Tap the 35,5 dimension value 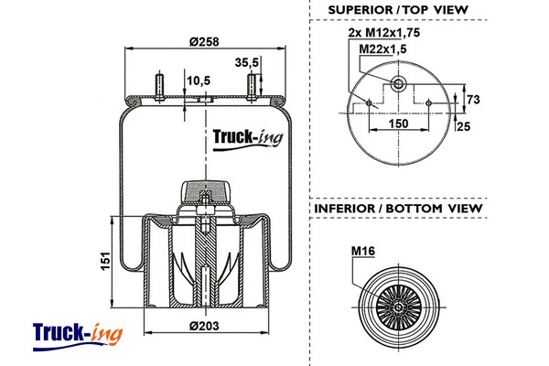[x=247, y=62]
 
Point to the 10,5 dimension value [x=199, y=81]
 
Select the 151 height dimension [x=105, y=263]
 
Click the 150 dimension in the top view [x=399, y=123]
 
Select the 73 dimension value [x=474, y=99]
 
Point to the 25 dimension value [x=463, y=126]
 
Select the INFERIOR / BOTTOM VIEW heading [x=398, y=209]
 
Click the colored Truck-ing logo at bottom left [x=76, y=333]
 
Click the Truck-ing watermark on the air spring [x=247, y=139]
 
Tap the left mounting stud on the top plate [x=159, y=88]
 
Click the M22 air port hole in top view [x=398, y=84]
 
